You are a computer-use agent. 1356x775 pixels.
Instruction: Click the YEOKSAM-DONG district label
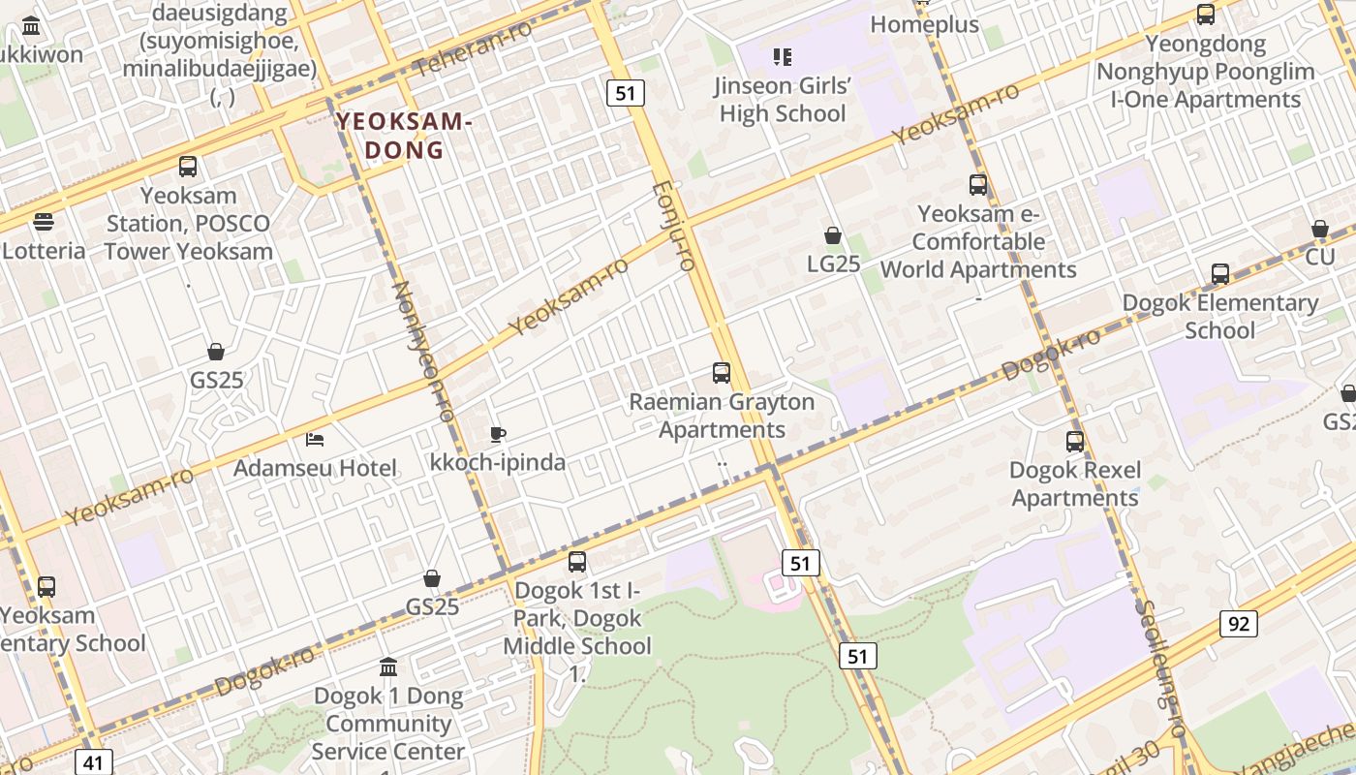point(404,137)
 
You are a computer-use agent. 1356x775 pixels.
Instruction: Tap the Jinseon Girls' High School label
point(783,100)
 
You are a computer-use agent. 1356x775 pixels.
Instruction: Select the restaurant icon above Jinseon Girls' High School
point(783,57)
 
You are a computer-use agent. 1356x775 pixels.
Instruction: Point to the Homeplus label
point(924,24)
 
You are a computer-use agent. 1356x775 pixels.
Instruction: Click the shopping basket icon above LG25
point(833,235)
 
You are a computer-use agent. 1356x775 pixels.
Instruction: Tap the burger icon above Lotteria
point(44,222)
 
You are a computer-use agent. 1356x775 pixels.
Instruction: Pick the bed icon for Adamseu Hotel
point(315,440)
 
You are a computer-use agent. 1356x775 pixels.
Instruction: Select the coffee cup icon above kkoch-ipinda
point(498,434)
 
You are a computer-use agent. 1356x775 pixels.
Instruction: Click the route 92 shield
point(1239,624)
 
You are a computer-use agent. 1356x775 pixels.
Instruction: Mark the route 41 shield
point(93,762)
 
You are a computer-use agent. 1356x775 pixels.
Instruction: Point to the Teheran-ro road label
point(474,48)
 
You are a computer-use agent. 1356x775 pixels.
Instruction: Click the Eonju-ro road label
point(674,226)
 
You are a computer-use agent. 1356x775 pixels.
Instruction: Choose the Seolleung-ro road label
point(1159,668)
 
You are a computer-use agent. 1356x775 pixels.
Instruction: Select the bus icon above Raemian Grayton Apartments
point(722,373)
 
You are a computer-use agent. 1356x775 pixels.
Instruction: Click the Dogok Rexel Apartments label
point(1074,483)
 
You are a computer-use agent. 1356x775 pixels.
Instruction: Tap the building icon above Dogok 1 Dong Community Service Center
point(388,666)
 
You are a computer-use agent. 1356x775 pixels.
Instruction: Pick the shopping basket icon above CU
point(1319,229)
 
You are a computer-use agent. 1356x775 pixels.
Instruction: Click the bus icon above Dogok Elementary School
point(1220,274)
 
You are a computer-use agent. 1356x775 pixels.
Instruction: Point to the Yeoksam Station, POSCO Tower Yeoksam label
point(188,223)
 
